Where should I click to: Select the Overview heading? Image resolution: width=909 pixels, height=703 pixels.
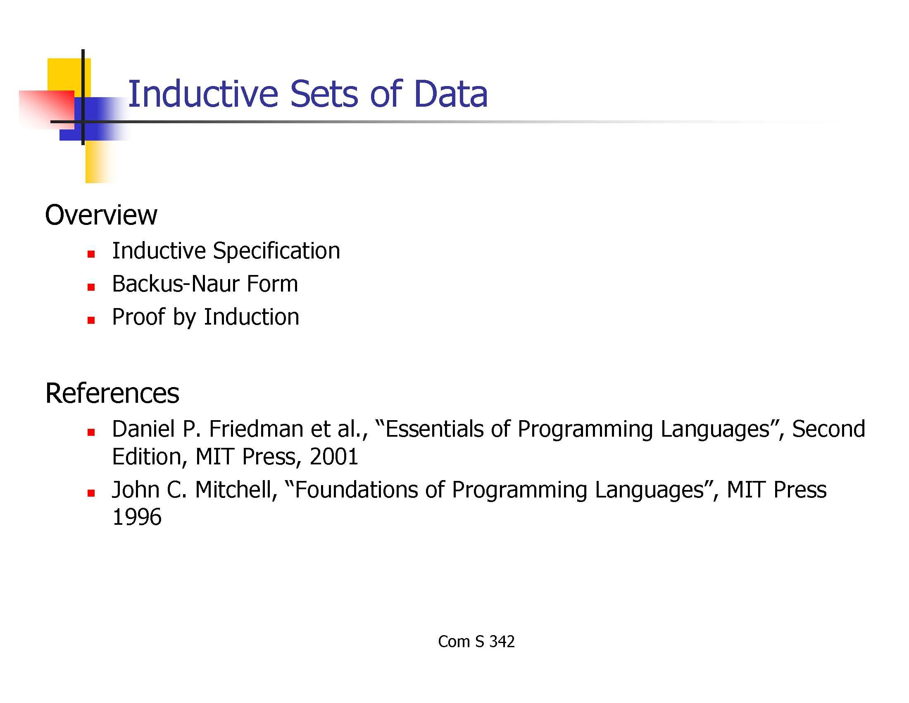[x=101, y=215]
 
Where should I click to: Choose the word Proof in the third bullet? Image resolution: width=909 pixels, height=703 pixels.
[x=138, y=316]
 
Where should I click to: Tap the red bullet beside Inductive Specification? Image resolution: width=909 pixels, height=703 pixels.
[x=91, y=254]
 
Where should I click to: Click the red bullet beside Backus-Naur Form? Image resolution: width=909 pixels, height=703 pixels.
[x=91, y=287]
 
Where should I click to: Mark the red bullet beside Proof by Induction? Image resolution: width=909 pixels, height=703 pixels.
[x=91, y=320]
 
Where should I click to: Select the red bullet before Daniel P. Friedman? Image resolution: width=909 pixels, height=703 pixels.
[x=91, y=432]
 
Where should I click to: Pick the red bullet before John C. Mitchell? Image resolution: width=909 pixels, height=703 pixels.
[x=91, y=493]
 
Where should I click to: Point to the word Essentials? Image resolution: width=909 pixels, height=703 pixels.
[x=434, y=429]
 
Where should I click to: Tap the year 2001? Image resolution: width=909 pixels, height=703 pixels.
[x=334, y=457]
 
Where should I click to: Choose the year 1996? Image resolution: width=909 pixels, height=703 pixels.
[x=137, y=517]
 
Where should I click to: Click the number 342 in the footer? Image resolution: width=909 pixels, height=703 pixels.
[x=502, y=642]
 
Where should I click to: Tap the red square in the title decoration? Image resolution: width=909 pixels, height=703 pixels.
[x=47, y=109]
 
